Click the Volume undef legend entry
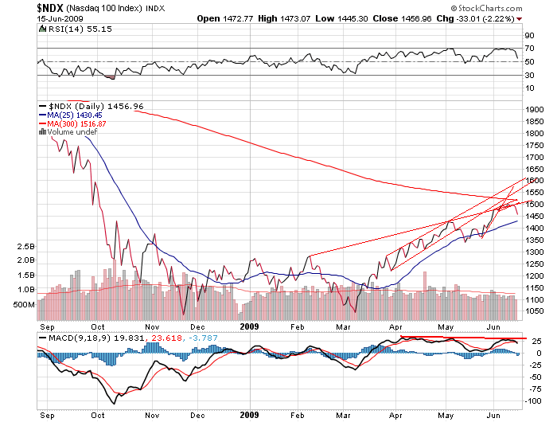[72, 132]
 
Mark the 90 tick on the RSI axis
[527, 36]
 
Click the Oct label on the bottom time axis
[98, 416]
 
